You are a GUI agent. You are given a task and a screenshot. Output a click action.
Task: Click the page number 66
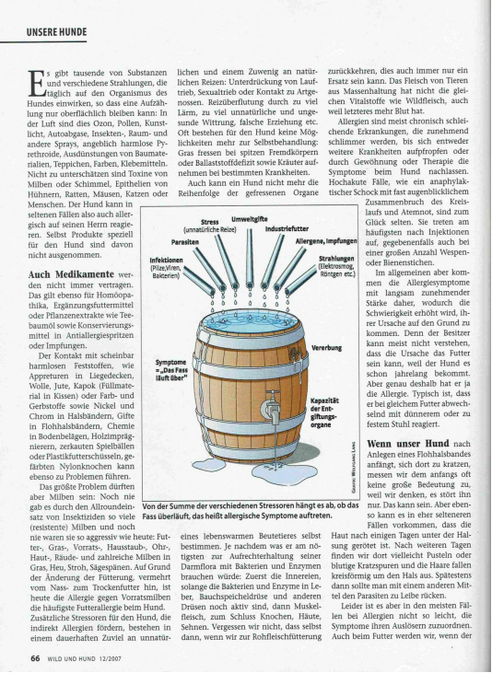(x=33, y=657)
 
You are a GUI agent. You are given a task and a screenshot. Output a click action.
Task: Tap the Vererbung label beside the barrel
(x=329, y=348)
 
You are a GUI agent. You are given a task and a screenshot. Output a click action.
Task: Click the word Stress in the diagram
(x=209, y=221)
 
